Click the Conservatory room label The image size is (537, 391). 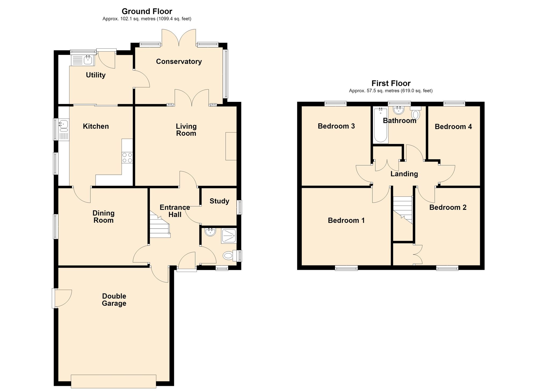tap(179, 62)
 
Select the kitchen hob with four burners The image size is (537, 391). tap(127, 157)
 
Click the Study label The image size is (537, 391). tap(219, 201)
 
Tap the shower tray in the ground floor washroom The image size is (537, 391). tap(229, 236)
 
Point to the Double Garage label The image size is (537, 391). tap(114, 300)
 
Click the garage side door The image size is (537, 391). tap(62, 298)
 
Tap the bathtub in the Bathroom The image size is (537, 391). tap(380, 125)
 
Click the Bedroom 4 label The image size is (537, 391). tap(453, 127)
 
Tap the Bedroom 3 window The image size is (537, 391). tap(335, 103)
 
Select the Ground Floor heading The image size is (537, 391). tap(147, 11)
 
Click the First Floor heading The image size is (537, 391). tap(391, 83)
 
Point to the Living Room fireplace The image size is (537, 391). tap(231, 146)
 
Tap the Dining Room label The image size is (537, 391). tap(103, 217)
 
